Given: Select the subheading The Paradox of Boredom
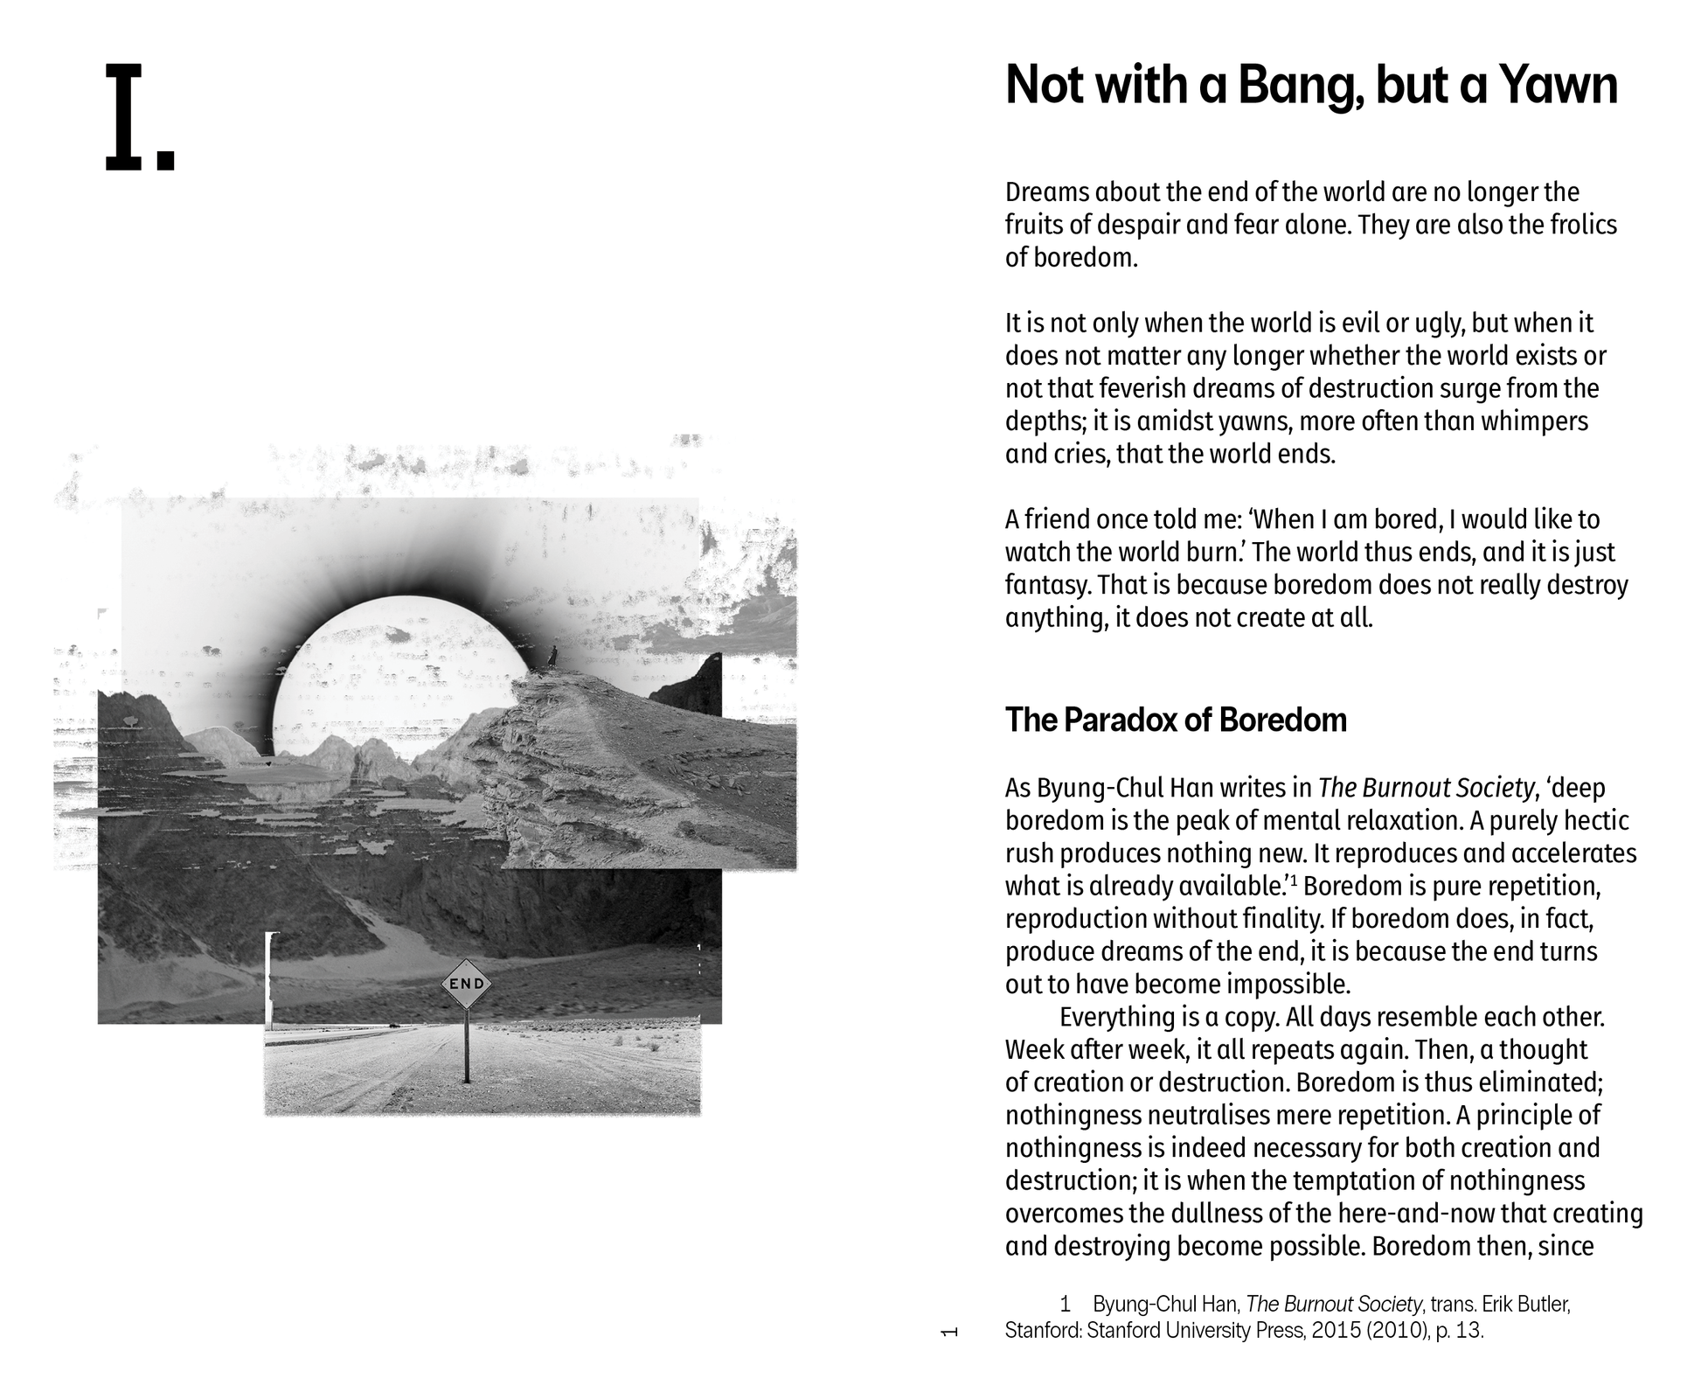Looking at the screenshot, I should pos(1175,720).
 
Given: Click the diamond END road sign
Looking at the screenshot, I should pos(466,984).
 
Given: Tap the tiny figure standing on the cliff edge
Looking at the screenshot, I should pos(552,656).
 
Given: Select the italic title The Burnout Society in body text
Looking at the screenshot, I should pos(1426,789).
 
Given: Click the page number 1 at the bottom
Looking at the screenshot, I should pos(949,1332).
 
